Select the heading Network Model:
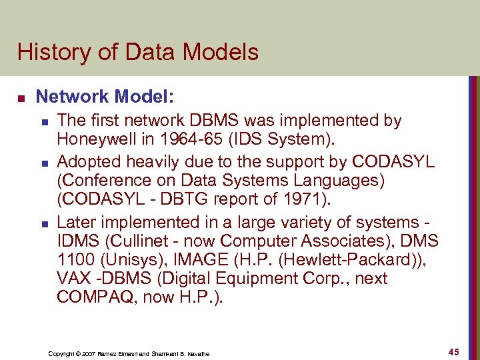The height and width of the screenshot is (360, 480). coord(105,97)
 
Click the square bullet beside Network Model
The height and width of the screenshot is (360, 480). coord(21,98)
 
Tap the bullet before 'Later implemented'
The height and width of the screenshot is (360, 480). coord(43,222)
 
